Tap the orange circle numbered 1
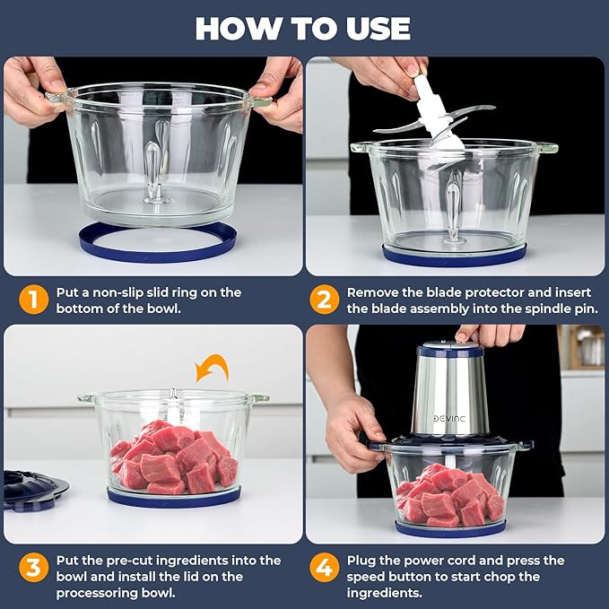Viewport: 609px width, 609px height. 32,300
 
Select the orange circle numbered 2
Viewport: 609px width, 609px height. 325,300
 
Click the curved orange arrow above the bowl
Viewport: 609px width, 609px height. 213,367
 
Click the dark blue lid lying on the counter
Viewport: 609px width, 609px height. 34,490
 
